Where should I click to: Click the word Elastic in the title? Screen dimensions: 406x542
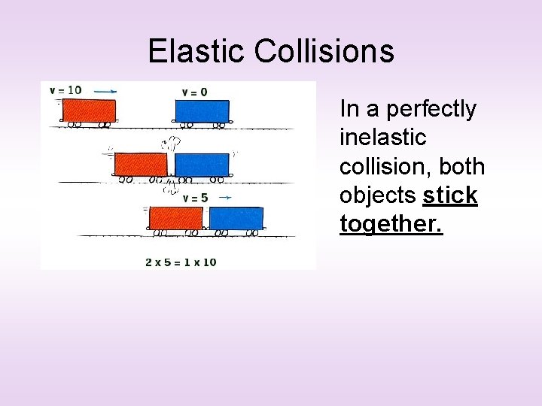197,51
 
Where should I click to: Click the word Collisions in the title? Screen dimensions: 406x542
324,51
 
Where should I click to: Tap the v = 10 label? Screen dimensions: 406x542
66,90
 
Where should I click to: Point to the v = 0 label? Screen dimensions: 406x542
194,92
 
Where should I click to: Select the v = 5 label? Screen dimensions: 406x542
195,198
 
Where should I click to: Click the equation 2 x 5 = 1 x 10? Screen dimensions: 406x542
181,262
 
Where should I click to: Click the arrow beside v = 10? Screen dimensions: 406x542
105,90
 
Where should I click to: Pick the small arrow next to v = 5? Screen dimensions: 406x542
224,198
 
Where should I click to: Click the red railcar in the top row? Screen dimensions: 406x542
89,111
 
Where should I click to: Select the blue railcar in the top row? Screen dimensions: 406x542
202,111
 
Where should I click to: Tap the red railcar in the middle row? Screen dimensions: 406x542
141,165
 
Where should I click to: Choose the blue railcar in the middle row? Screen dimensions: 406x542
202,165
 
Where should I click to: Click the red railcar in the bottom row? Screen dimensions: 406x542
176,218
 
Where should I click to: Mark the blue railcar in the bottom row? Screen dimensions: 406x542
236,218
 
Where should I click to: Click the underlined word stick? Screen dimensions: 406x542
450,195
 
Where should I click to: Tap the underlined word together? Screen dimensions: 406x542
391,224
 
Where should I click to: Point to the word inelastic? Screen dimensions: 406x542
382,138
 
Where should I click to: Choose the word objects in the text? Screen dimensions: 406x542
377,195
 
